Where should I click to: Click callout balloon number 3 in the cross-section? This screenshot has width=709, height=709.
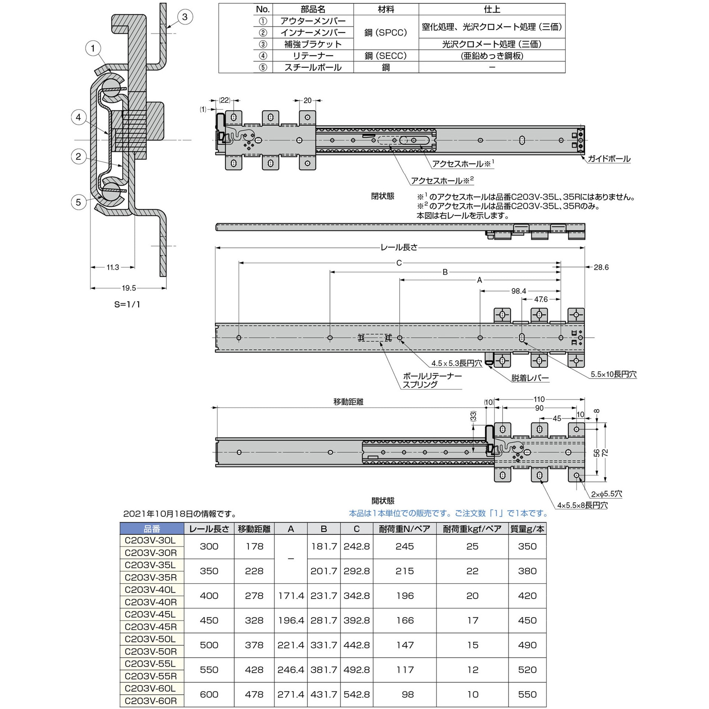pyautogui.click(x=185, y=17)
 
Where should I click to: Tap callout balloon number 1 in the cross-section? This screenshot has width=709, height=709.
pyautogui.click(x=93, y=48)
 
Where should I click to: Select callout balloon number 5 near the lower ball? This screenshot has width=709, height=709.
pyautogui.click(x=78, y=202)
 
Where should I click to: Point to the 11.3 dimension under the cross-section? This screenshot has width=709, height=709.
pyautogui.click(x=113, y=267)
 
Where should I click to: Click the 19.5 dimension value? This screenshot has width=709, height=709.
pyautogui.click(x=129, y=288)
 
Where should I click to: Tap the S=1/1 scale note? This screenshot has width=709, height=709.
pyautogui.click(x=127, y=304)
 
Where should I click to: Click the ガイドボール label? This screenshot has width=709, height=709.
pyautogui.click(x=609, y=159)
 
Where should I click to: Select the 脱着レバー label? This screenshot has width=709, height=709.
pyautogui.click(x=530, y=378)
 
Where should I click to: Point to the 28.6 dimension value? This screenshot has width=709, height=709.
pyautogui.click(x=601, y=267)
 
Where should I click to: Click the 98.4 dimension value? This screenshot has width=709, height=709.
pyautogui.click(x=518, y=291)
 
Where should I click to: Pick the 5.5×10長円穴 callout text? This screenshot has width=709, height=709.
pyautogui.click(x=613, y=374)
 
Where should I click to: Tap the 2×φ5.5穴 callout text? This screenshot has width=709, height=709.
pyautogui.click(x=606, y=494)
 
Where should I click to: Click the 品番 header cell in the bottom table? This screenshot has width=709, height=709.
pyautogui.click(x=152, y=529)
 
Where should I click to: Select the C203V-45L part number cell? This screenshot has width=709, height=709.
pyautogui.click(x=150, y=614)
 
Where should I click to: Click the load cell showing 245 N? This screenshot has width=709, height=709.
pyautogui.click(x=405, y=546)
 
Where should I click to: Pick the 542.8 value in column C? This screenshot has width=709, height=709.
pyautogui.click(x=356, y=694)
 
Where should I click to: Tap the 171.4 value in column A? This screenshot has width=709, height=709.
pyautogui.click(x=291, y=596)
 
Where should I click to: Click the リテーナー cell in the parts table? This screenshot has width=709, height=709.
pyautogui.click(x=313, y=56)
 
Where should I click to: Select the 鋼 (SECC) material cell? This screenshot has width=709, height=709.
pyautogui.click(x=386, y=56)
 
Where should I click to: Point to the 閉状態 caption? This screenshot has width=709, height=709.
pyautogui.click(x=382, y=196)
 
